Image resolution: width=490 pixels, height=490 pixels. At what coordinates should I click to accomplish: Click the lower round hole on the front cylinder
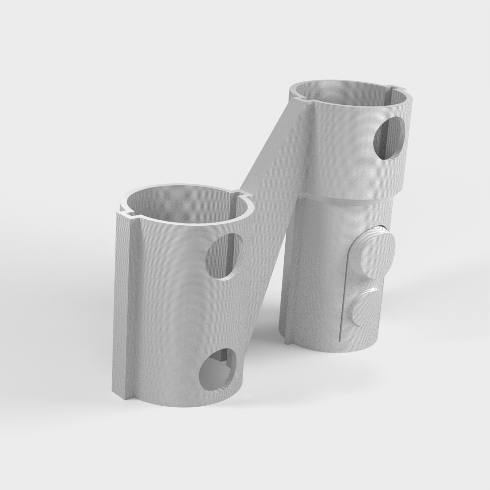(x=218, y=371)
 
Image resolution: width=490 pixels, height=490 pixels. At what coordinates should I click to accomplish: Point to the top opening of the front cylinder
(x=187, y=206)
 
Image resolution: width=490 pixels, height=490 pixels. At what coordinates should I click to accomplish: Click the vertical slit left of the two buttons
(x=341, y=297)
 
